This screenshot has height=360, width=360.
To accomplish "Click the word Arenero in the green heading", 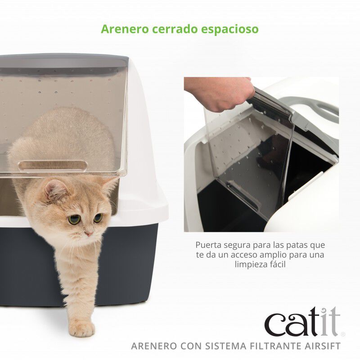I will tap(122, 29).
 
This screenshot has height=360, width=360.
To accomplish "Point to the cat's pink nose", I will tap(88, 234).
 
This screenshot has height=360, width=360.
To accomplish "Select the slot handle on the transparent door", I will tap(53, 166).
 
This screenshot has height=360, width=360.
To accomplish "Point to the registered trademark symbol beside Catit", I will tap(343, 334).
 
